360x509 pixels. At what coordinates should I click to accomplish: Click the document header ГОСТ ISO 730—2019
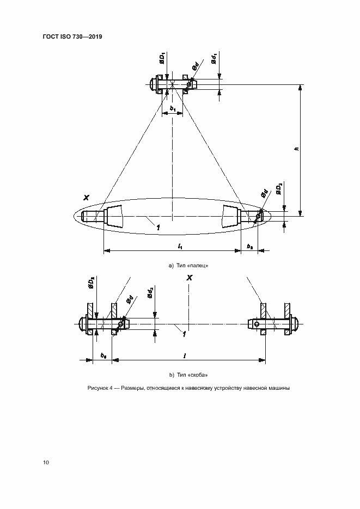click(x=72, y=36)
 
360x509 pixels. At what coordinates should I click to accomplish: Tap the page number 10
click(x=46, y=462)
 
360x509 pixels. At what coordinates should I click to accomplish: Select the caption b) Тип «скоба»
click(x=189, y=375)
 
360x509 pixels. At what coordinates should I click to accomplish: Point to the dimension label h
click(x=296, y=150)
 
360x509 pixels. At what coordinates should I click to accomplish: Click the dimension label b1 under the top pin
click(x=173, y=109)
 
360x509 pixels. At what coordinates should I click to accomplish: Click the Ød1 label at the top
click(x=216, y=58)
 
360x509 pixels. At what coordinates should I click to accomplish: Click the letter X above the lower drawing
click(x=189, y=278)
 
